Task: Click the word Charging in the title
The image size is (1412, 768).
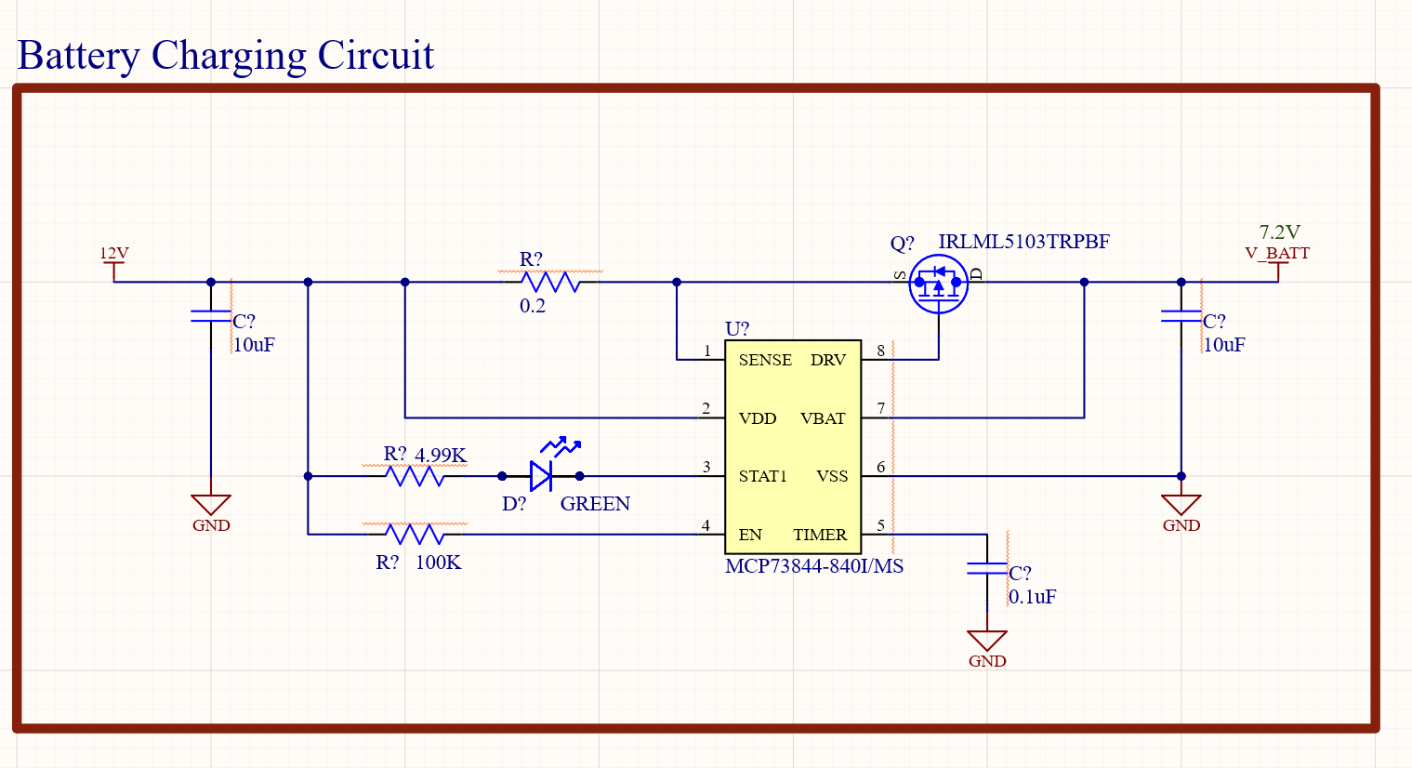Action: [228, 56]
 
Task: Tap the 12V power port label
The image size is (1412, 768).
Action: [114, 253]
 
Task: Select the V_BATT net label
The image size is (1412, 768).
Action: [1277, 253]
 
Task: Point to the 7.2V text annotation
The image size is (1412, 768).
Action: [1279, 232]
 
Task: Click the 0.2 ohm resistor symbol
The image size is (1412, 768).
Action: [550, 282]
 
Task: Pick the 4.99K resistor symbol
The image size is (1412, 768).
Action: [415, 476]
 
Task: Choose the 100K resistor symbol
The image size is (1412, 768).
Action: [415, 534]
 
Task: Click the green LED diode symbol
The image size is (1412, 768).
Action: [542, 475]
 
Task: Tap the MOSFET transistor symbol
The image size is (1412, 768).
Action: [938, 284]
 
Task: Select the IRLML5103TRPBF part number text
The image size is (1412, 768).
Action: [1023, 242]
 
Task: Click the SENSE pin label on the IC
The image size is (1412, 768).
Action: [765, 360]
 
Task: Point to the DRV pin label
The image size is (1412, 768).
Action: [827, 360]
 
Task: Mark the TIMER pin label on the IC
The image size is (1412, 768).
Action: [820, 535]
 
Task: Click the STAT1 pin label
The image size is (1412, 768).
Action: [762, 476]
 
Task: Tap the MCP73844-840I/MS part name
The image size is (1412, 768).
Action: [814, 566]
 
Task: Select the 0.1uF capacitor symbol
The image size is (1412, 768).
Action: [987, 568]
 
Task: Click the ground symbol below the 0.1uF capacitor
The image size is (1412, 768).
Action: [987, 642]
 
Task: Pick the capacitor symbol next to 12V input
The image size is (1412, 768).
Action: [211, 316]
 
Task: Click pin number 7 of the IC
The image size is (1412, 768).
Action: [880, 409]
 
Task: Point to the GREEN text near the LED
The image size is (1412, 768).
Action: [595, 504]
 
